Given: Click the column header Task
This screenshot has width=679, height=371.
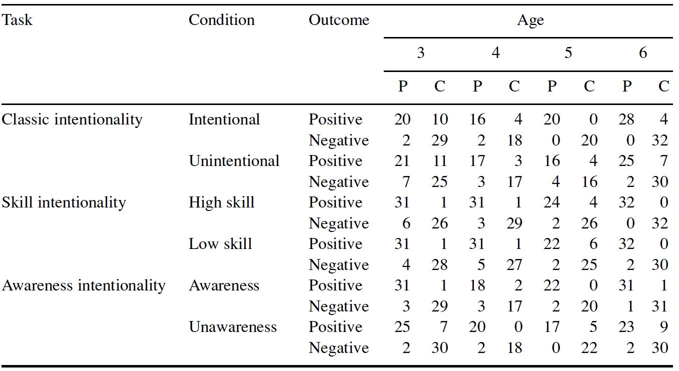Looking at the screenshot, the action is pyautogui.click(x=17, y=20).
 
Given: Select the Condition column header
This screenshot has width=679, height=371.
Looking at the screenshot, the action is pyautogui.click(x=222, y=20).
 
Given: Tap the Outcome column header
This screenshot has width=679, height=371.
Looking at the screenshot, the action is pyautogui.click(x=339, y=20).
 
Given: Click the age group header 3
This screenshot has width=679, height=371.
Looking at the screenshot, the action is pyautogui.click(x=420, y=53).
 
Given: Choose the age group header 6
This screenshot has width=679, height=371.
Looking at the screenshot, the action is pyautogui.click(x=643, y=53).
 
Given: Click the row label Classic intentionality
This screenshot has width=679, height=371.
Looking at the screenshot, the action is pyautogui.click(x=72, y=120).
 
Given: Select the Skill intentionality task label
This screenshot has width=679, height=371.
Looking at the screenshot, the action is pyautogui.click(x=64, y=202).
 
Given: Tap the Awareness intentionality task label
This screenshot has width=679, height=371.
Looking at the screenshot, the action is pyautogui.click(x=84, y=285).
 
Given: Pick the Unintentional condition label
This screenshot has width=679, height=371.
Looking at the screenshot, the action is pyautogui.click(x=234, y=161).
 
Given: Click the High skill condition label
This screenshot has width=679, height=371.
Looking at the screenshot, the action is pyautogui.click(x=221, y=203).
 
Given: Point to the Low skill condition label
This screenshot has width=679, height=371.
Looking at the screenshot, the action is pyautogui.click(x=220, y=244).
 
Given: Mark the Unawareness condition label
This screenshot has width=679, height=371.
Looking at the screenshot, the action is pyautogui.click(x=233, y=327).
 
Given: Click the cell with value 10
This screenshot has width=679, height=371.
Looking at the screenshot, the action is pyautogui.click(x=439, y=119).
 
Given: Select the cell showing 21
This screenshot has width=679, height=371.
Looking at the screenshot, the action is pyautogui.click(x=402, y=161).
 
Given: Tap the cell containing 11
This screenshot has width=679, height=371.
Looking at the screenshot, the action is pyautogui.click(x=439, y=161).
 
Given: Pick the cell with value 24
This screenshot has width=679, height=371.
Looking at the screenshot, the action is pyautogui.click(x=552, y=202).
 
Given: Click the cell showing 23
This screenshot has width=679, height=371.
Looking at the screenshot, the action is pyautogui.click(x=626, y=327).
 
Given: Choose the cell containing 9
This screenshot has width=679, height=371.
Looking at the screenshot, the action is pyautogui.click(x=664, y=327).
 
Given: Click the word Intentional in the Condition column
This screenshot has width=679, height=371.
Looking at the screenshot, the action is pyautogui.click(x=224, y=119).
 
